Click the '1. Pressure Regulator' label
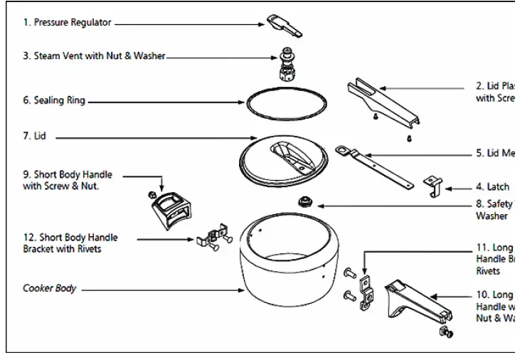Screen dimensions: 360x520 coord(67,23)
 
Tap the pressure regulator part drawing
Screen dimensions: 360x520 coord(285,25)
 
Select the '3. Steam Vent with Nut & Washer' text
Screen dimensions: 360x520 coord(93,55)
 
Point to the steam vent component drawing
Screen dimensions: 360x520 coord(288,63)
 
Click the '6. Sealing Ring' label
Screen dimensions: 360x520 coord(54,101)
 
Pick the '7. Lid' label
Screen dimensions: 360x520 coord(35,135)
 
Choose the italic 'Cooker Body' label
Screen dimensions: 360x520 coord(50,289)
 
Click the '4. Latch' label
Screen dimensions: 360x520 coord(492,187)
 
